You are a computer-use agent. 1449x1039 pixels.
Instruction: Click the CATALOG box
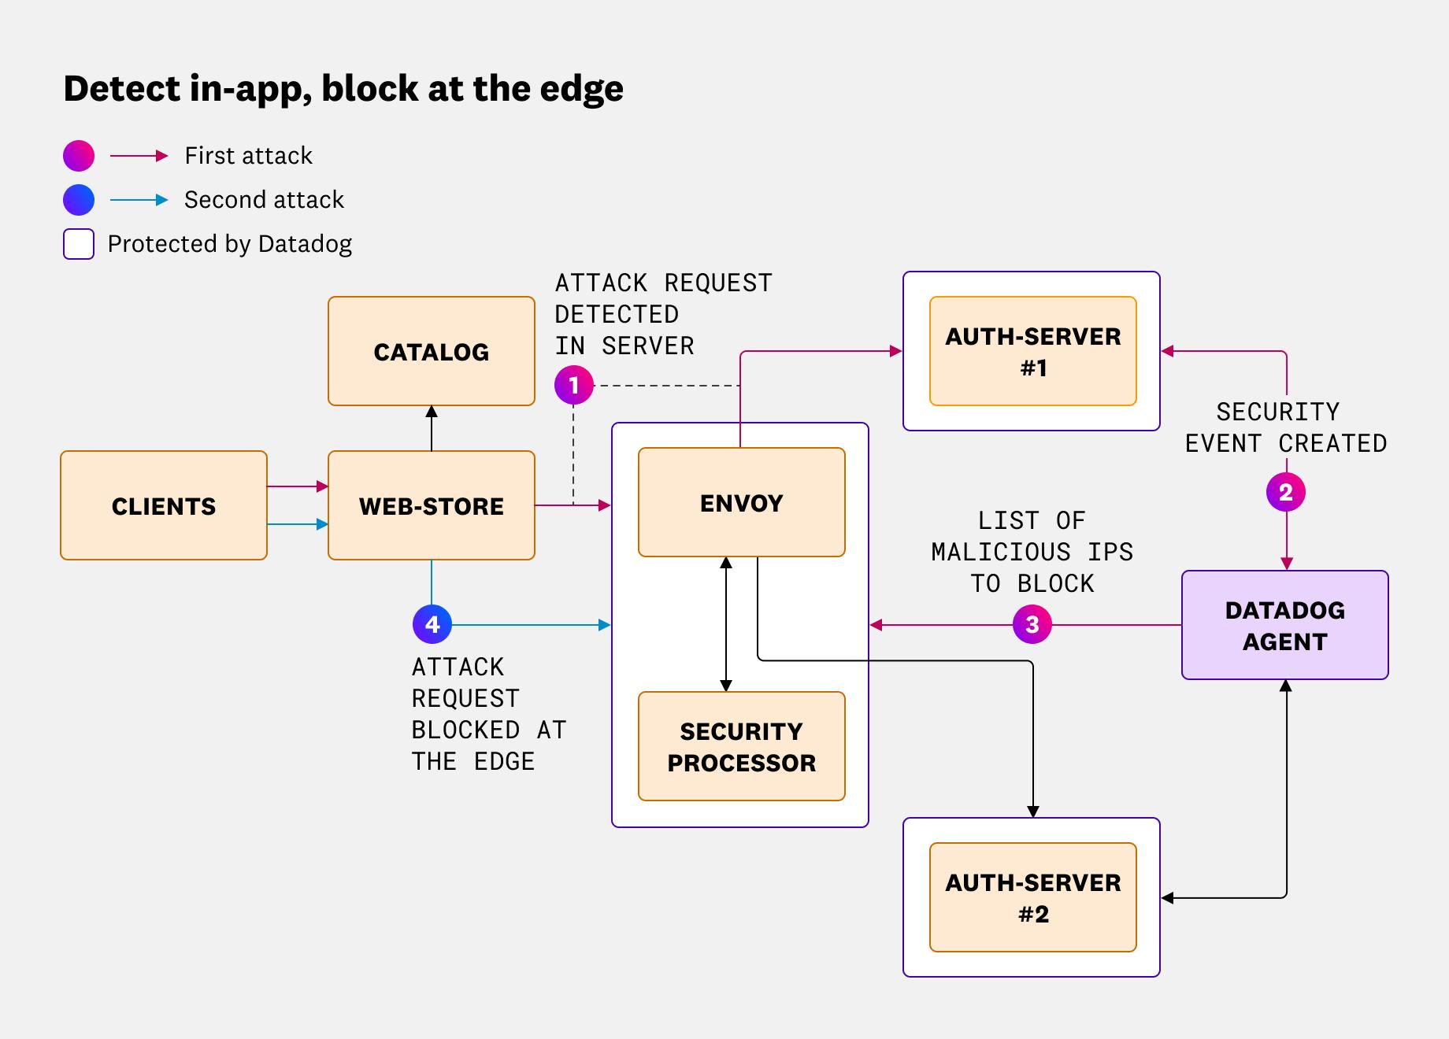pos(431,351)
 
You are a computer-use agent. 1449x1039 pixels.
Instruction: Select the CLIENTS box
pos(164,505)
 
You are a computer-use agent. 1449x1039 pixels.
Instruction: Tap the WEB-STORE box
pos(431,505)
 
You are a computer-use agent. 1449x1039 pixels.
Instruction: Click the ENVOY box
pos(741,502)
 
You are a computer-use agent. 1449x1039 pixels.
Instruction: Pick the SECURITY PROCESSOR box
pos(741,746)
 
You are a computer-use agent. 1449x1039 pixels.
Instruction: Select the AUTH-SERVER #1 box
pos(1032,351)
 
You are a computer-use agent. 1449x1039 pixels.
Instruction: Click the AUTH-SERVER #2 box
pos(1032,897)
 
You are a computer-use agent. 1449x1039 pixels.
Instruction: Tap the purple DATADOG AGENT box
pos(1284,625)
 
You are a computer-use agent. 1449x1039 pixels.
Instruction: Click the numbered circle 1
pos(573,386)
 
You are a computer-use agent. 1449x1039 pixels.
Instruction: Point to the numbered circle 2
pos(1285,492)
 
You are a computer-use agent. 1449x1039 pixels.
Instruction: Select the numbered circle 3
pos(1032,625)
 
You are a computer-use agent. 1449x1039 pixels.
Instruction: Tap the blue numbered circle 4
pos(432,624)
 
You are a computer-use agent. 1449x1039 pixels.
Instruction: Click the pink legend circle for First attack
pos(79,156)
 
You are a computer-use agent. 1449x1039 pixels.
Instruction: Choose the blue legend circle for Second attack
pos(79,200)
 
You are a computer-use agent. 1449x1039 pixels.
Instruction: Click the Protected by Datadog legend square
pos(79,244)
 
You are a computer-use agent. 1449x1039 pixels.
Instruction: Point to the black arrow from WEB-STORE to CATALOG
pos(432,429)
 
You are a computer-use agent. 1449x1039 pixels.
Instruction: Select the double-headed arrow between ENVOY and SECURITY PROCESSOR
pos(726,624)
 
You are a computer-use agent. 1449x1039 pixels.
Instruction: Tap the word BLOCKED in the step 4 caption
pos(465,730)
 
